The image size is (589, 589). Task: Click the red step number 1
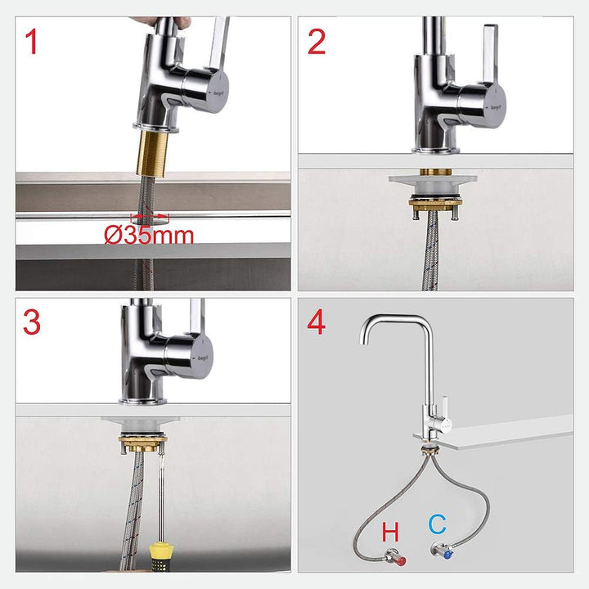32,42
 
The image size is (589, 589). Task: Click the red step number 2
317,42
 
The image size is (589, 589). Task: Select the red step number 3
32,321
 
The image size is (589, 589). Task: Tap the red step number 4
317,321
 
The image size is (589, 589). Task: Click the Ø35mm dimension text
148,236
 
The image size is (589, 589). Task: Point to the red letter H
391,532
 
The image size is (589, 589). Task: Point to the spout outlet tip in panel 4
366,342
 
